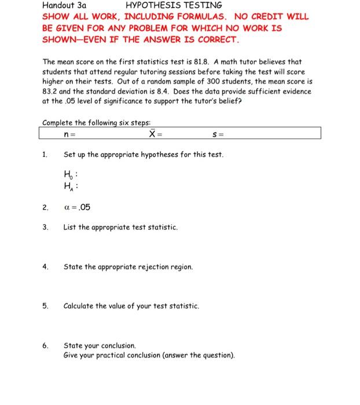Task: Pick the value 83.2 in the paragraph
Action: (x=51, y=91)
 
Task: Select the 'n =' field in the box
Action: (x=70, y=134)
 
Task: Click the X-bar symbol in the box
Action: (x=152, y=134)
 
